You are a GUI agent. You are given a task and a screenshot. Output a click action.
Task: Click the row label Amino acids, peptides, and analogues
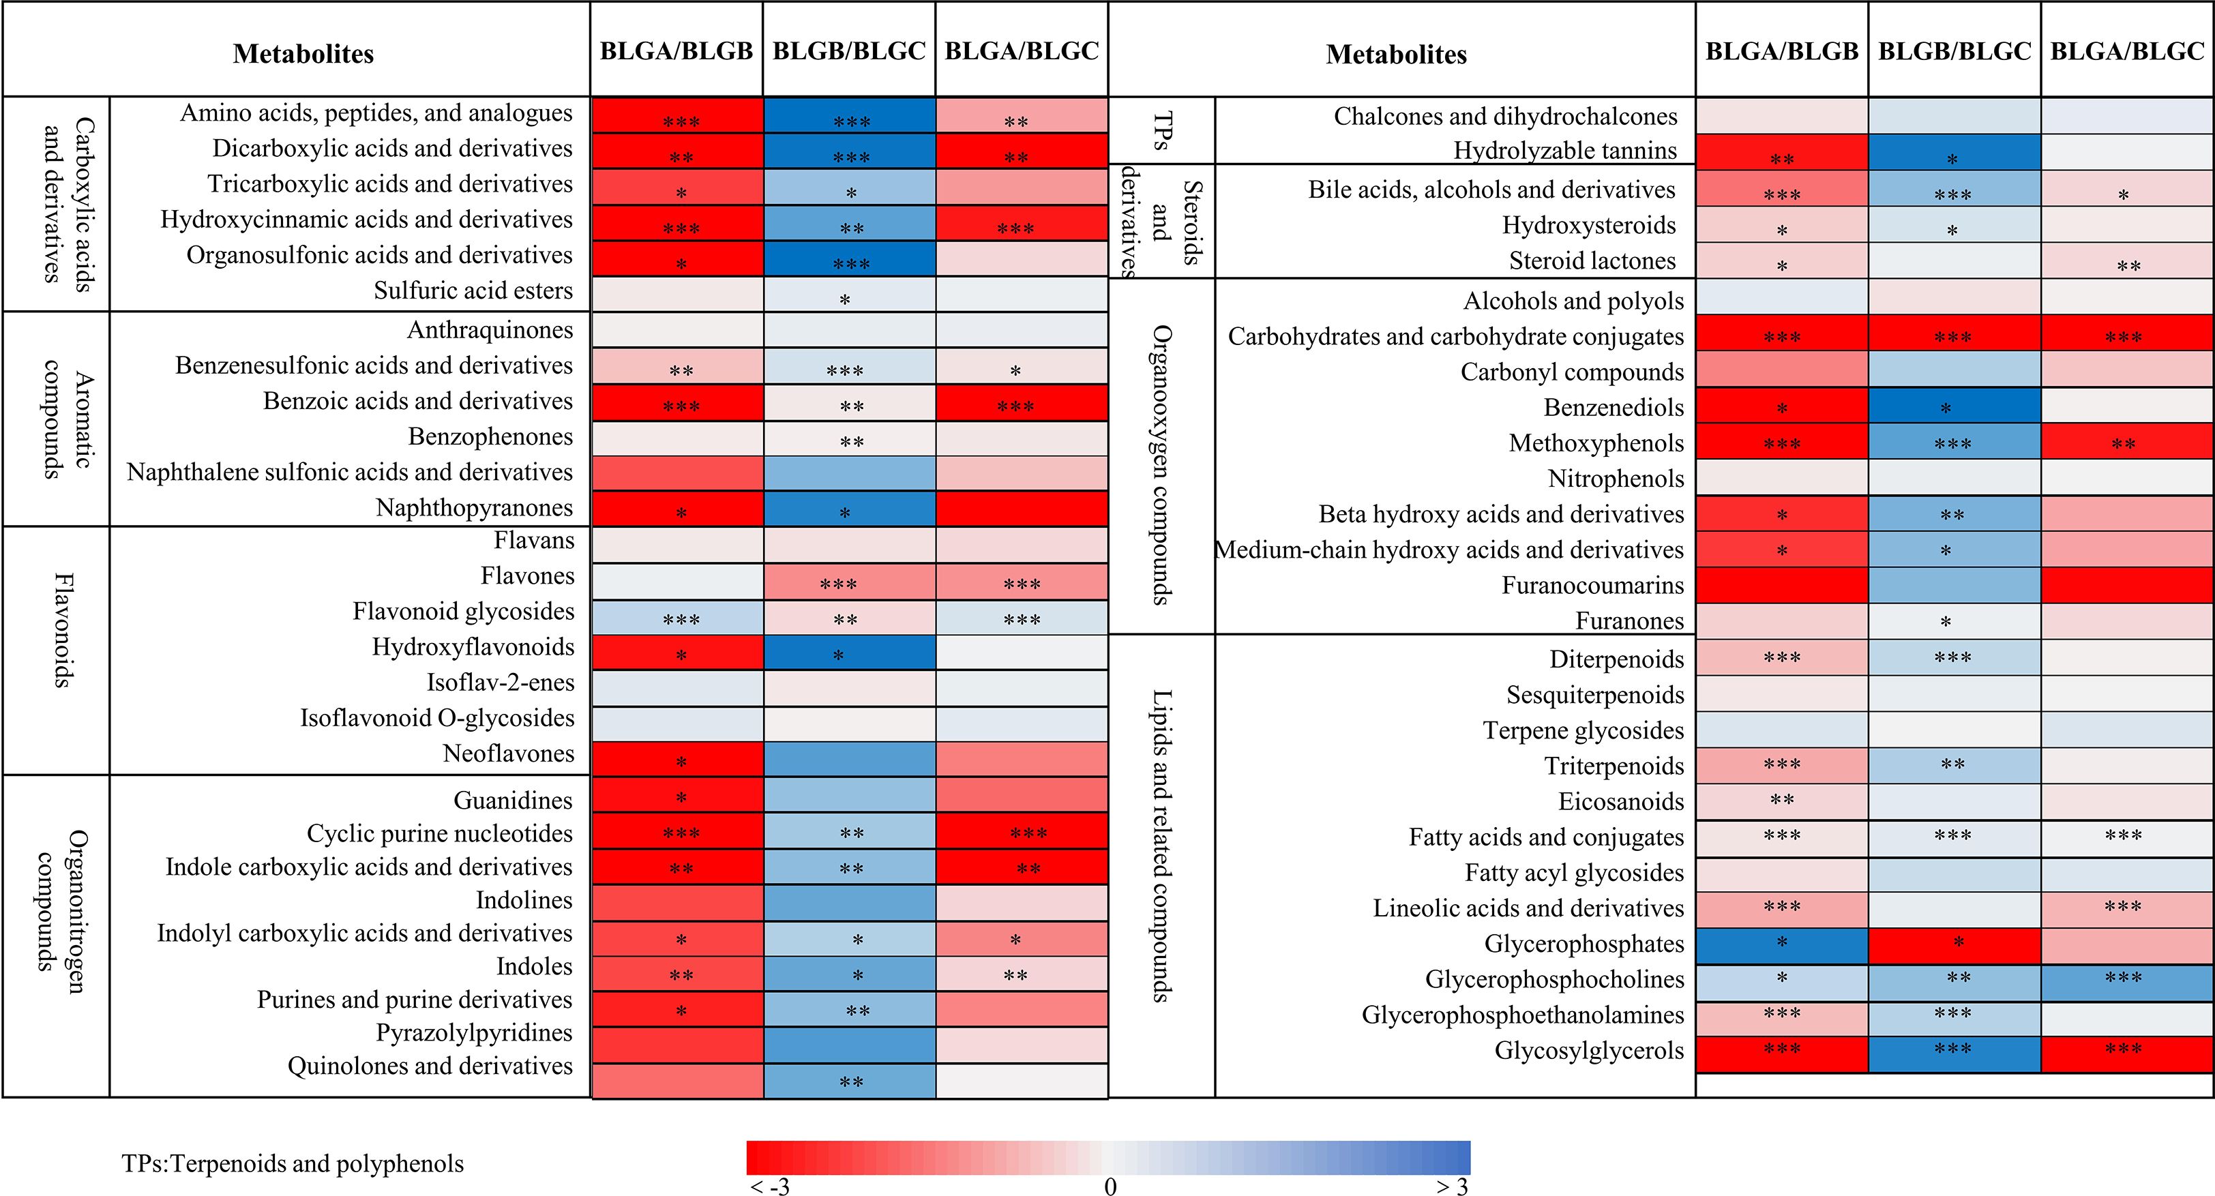pyautogui.click(x=376, y=113)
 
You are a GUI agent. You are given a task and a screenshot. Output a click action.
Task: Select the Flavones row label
pyautogui.click(x=527, y=576)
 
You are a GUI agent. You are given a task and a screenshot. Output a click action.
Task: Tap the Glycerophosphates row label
pyautogui.click(x=1584, y=944)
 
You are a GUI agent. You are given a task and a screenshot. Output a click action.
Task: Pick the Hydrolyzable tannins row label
pyautogui.click(x=1565, y=151)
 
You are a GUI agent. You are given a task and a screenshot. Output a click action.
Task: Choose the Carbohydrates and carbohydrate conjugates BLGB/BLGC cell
pyautogui.click(x=1954, y=335)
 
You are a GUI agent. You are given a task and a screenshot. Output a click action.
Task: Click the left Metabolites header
pyautogui.click(x=303, y=54)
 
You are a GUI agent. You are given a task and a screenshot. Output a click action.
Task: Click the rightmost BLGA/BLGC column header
pyautogui.click(x=2126, y=52)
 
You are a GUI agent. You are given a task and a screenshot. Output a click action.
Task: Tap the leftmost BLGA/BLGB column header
pyautogui.click(x=677, y=52)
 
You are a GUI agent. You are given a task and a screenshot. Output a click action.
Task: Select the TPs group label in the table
pyautogui.click(x=1161, y=131)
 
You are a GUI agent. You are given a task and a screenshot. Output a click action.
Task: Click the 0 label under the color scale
pyautogui.click(x=1110, y=1186)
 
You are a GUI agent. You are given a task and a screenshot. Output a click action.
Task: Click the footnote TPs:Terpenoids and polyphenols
pyautogui.click(x=293, y=1163)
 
